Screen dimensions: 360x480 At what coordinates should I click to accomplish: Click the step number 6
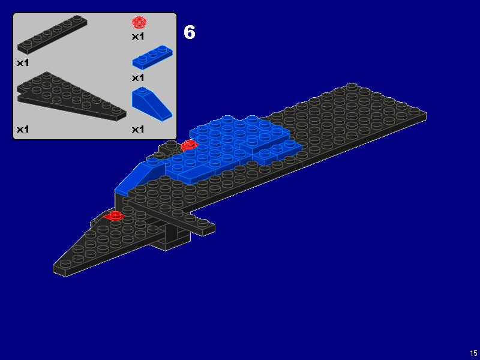point(190,32)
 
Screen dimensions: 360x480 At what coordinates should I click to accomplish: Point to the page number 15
point(473,353)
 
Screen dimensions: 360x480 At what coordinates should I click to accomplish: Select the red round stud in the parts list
point(139,23)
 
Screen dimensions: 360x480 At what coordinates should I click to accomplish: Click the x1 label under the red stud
point(139,37)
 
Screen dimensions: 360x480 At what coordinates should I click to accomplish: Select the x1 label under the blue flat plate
point(139,78)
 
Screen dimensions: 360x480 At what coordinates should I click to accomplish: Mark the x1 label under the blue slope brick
point(139,129)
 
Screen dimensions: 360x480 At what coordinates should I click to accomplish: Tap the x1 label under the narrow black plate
point(23,62)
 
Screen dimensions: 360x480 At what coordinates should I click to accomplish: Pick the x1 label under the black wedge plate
point(23,129)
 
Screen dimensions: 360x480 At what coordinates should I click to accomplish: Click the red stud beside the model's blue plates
point(190,145)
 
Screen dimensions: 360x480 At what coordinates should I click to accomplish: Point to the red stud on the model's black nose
point(113,215)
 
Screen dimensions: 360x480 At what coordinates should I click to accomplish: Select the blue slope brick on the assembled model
point(139,176)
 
